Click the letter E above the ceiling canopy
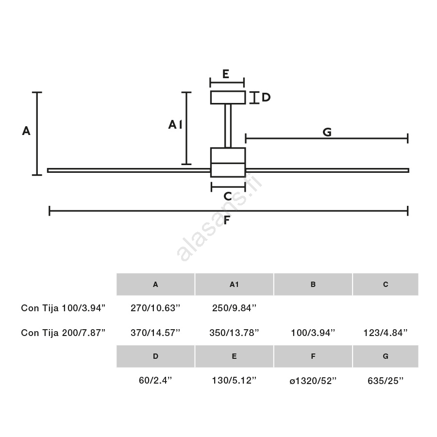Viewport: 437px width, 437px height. coord(226,74)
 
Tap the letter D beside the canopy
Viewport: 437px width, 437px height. coord(266,97)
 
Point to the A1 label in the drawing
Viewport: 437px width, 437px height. coord(175,125)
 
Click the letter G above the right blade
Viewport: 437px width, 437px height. coord(327,132)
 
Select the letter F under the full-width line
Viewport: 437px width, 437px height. coord(227,220)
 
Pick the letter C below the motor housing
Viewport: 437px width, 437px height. coord(228,197)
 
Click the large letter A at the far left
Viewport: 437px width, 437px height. coord(26,131)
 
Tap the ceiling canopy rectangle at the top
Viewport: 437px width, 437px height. coord(228,98)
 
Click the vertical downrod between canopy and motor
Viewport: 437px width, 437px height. coord(228,126)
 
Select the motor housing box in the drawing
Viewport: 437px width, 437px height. coord(228,162)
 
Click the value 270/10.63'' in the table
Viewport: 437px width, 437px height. coord(155,308)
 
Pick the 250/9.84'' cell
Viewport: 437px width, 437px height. coord(234,308)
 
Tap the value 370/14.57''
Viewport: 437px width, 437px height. coord(155,333)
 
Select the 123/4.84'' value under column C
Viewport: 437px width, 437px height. coord(386,333)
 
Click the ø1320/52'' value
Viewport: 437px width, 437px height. coord(313,380)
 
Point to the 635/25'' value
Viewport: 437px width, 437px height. coord(386,380)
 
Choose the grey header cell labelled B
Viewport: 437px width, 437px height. coord(313,284)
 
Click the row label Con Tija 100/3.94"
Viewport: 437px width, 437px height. coord(63,308)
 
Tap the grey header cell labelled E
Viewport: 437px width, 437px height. coord(234,356)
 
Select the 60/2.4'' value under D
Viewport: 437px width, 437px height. coord(155,380)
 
